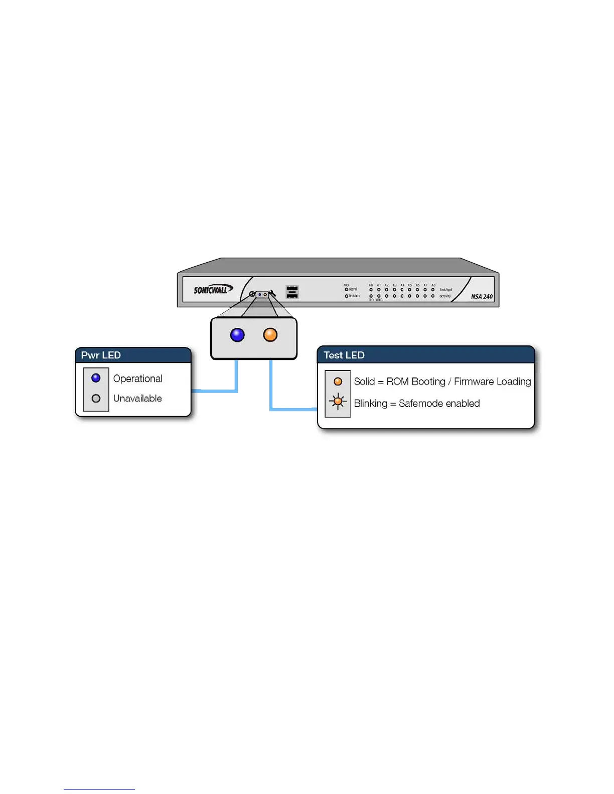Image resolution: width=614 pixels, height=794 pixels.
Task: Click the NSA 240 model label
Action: [x=481, y=297]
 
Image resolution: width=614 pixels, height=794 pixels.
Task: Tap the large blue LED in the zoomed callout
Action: [x=237, y=335]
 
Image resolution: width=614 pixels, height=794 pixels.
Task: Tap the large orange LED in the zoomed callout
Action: [x=270, y=335]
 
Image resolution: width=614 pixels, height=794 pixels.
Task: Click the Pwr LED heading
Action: [x=101, y=355]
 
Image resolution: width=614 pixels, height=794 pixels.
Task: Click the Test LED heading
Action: [x=344, y=355]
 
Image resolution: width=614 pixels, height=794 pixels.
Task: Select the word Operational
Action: [x=138, y=379]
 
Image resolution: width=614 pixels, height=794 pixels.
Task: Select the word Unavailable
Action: [x=137, y=399]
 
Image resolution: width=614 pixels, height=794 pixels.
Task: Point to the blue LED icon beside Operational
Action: [x=96, y=378]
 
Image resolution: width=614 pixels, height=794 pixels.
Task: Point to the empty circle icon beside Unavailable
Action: [x=96, y=399]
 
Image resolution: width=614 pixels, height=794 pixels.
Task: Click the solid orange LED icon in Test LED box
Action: [x=338, y=381]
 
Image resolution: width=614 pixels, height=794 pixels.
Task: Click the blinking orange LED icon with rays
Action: [x=338, y=402]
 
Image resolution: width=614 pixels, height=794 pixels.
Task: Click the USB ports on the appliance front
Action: [x=292, y=292]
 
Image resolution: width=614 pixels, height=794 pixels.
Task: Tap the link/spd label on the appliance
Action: [x=446, y=290]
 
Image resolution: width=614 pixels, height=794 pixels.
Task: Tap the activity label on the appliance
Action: [x=445, y=296]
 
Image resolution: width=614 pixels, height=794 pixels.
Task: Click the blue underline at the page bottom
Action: [x=99, y=789]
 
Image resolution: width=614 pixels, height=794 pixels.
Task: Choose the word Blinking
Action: [x=370, y=404]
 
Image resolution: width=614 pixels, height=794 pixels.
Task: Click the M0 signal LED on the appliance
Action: [x=346, y=289]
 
